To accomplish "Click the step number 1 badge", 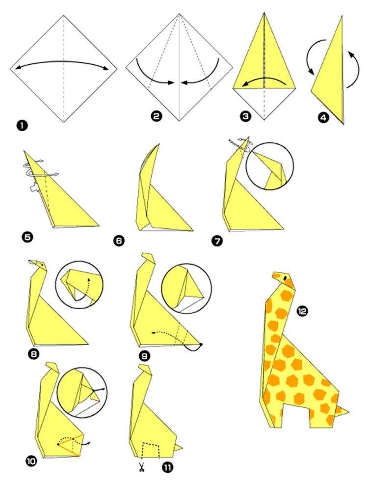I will (x=22, y=126).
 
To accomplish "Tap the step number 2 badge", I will (x=156, y=116).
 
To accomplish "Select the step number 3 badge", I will (x=245, y=116).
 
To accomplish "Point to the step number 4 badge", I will (x=322, y=118).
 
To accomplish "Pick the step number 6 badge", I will (x=118, y=240).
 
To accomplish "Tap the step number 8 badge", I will (x=34, y=352).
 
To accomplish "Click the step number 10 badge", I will (x=31, y=461).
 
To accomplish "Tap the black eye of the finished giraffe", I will (x=285, y=279).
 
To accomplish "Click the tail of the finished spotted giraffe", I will (x=343, y=410).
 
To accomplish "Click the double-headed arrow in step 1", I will (x=64, y=63).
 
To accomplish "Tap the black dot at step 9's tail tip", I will (x=201, y=345).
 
